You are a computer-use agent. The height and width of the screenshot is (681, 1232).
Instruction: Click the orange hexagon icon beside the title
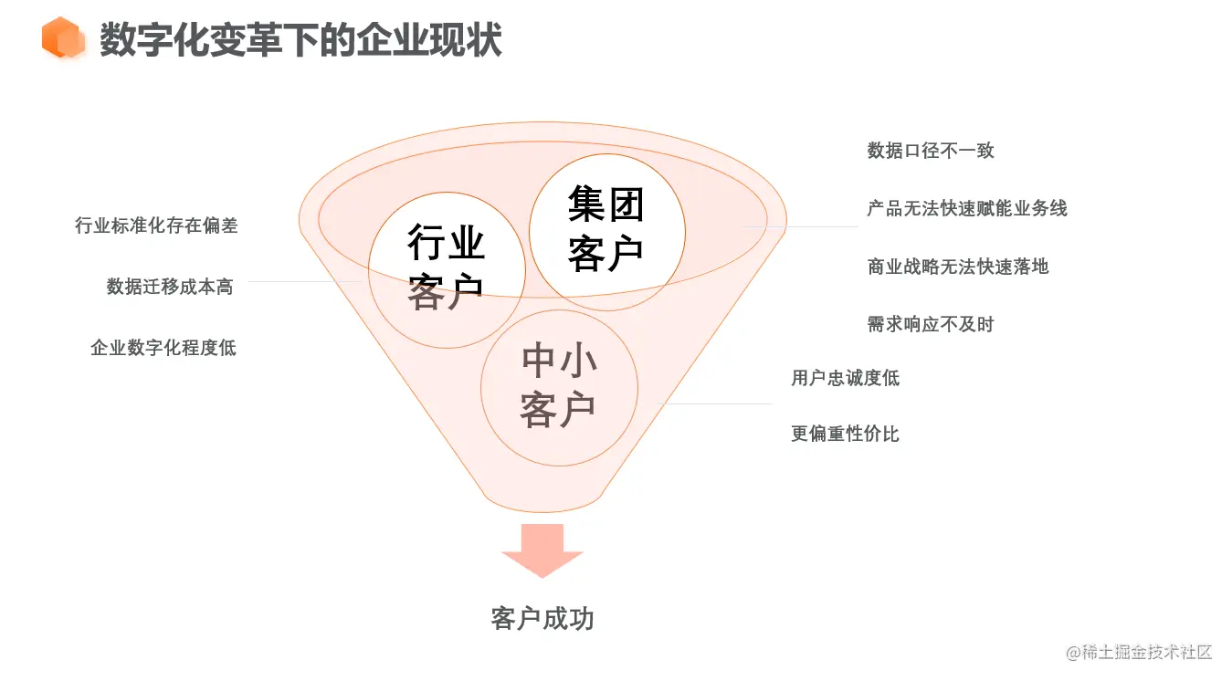tap(63, 38)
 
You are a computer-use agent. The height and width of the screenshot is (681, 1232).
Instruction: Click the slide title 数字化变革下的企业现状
tap(300, 40)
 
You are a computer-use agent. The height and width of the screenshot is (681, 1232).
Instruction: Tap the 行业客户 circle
tap(446, 268)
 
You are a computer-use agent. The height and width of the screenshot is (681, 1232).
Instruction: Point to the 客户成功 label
tap(542, 619)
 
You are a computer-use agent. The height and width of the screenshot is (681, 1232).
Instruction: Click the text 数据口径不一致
tap(931, 151)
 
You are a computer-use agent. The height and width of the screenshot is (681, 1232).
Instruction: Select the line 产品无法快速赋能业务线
tap(967, 208)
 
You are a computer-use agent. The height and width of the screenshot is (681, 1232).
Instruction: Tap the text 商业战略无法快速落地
tap(958, 267)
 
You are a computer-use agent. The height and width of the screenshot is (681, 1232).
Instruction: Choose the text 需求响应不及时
tap(931, 324)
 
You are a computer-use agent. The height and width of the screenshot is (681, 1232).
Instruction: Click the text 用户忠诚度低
tap(846, 378)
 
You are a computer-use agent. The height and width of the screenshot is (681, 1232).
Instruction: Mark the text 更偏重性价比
tap(846, 434)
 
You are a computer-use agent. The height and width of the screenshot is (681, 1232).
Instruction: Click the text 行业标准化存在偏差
tap(156, 225)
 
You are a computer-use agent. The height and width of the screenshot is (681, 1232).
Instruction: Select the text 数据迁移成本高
tap(170, 287)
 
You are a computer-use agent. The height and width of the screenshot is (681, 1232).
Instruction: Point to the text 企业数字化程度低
tap(163, 348)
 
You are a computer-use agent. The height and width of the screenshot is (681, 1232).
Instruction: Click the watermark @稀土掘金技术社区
tap(1139, 652)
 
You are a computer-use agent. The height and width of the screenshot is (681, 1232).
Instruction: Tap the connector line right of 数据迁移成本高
tap(306, 282)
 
